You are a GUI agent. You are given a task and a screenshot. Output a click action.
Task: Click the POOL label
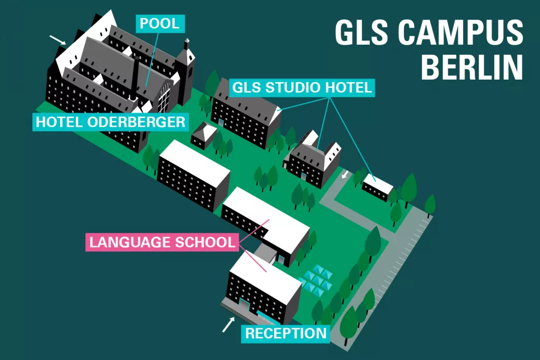click(x=160, y=23)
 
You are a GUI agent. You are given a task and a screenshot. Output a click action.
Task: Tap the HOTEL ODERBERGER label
click(x=111, y=122)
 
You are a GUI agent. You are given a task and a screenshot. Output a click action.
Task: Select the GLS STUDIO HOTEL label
click(x=301, y=87)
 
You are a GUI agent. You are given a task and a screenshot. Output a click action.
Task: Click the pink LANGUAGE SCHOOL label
click(x=161, y=242)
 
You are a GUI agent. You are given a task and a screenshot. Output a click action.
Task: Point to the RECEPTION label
click(x=286, y=333)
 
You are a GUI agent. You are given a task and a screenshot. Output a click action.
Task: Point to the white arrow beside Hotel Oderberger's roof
click(x=57, y=39)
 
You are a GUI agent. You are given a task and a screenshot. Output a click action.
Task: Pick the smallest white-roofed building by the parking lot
click(x=378, y=187)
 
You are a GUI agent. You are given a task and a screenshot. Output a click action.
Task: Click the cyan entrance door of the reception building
click(x=245, y=306)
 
